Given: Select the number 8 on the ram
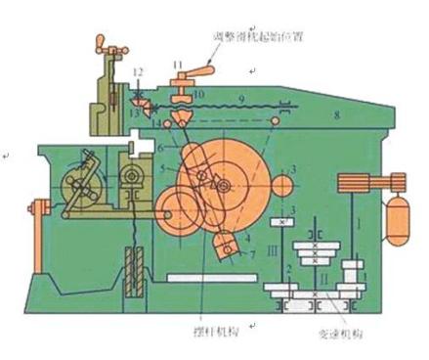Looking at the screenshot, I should [x=337, y=115].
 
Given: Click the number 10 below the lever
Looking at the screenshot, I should [x=197, y=95].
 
